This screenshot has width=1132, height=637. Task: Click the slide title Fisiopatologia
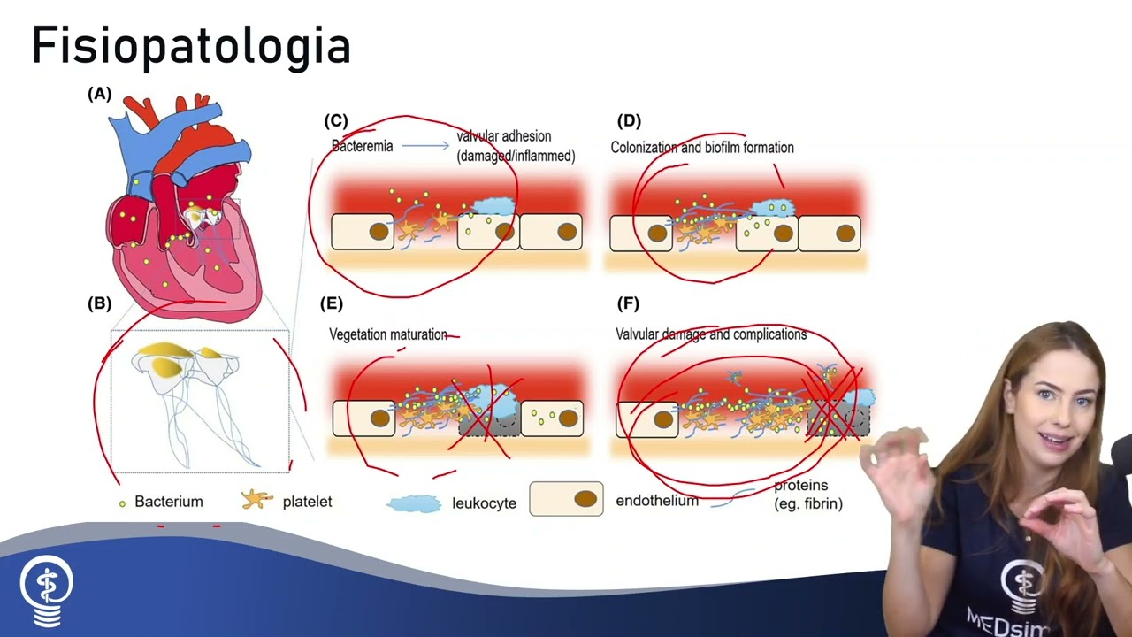point(191,46)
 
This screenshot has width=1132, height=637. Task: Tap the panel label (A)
point(99,94)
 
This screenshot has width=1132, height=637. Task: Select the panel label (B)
point(99,303)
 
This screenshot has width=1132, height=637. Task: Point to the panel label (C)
point(336,120)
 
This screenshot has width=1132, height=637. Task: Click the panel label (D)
point(629,120)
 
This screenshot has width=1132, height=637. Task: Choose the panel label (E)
point(331,303)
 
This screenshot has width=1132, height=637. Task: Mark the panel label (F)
point(628,303)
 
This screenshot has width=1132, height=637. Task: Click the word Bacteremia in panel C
point(362,146)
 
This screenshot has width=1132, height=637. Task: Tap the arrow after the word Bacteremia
point(425,146)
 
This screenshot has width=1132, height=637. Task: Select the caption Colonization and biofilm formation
point(702,148)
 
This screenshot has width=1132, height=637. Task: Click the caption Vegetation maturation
point(388,334)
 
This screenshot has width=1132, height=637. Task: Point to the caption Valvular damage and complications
point(711,334)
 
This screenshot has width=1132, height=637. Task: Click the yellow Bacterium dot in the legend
point(122,503)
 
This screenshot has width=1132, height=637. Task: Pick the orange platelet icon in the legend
point(256,500)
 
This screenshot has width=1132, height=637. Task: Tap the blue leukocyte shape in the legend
point(414,503)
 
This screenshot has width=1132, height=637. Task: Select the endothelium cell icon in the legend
point(566,499)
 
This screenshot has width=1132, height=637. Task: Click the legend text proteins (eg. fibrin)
point(807,495)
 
